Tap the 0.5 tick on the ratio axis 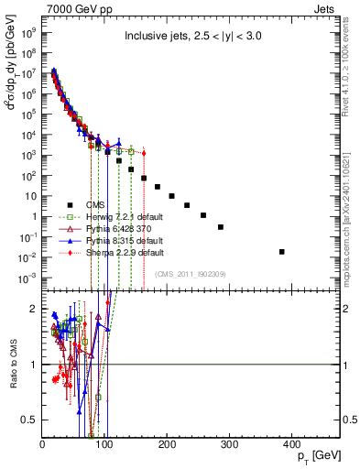click(x=31, y=420)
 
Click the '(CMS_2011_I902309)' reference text click(x=191, y=273)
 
